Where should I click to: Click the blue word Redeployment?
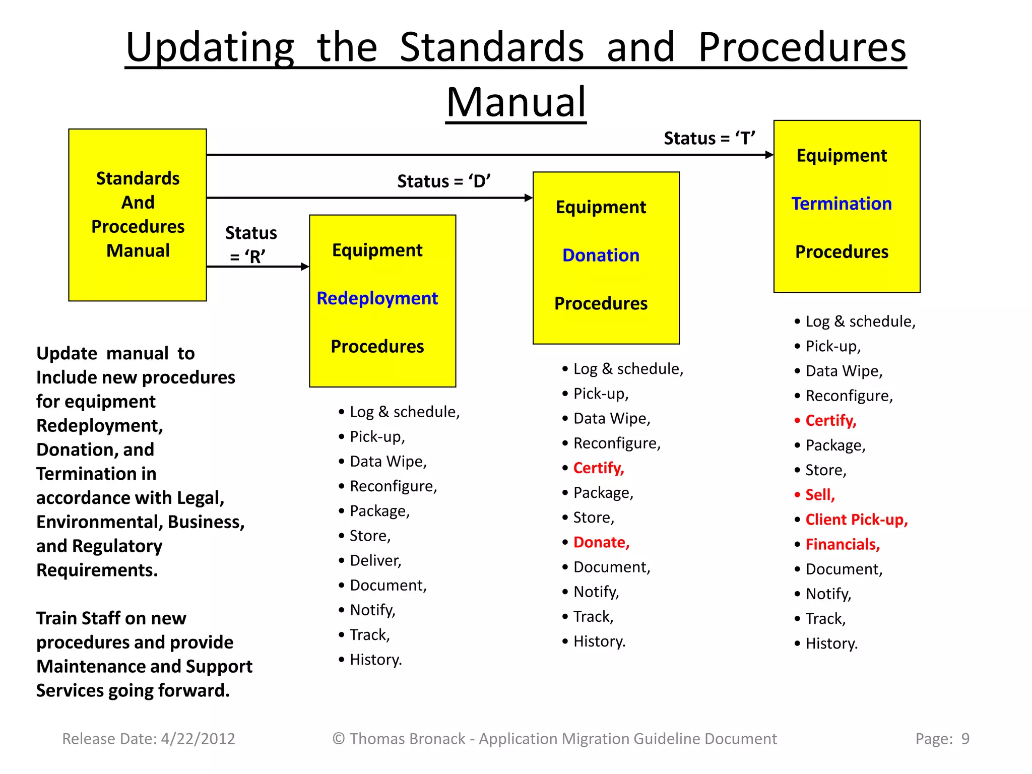point(377,298)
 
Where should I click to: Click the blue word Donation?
point(601,255)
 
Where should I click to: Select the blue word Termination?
point(842,204)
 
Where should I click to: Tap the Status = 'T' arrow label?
point(709,138)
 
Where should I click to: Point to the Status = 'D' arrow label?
point(443,181)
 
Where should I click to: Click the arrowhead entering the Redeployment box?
point(305,267)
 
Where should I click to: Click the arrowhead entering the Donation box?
point(529,198)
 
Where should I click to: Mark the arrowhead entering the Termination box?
point(769,155)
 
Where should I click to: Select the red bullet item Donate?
point(601,542)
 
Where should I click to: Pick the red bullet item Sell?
point(820,495)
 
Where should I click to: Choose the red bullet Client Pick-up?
point(856,520)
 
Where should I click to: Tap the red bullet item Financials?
point(843,544)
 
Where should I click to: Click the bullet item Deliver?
point(375,560)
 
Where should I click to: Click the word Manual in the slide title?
point(516,102)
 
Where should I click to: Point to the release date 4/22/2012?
point(198,739)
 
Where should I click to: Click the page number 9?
point(965,739)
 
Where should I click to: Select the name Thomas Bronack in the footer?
point(407,739)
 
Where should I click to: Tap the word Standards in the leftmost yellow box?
point(138,178)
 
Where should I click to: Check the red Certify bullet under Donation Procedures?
point(599,468)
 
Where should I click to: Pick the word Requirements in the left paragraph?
point(97,570)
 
